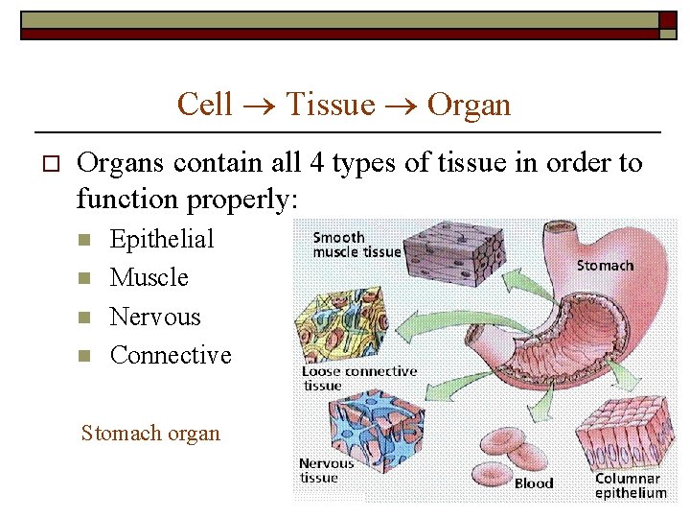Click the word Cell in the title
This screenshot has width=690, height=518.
click(205, 104)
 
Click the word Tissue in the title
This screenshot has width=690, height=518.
click(331, 104)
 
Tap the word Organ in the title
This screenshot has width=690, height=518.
click(469, 104)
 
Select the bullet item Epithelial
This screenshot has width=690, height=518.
click(162, 239)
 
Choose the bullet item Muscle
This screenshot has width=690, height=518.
click(149, 277)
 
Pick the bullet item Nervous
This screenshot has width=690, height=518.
click(155, 317)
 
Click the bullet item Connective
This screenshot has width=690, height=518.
click(171, 355)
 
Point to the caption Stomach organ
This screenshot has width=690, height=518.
click(150, 433)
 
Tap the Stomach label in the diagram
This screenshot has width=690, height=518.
click(604, 265)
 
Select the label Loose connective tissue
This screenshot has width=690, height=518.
click(358, 378)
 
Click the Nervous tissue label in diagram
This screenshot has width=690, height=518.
click(326, 470)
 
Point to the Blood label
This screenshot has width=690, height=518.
click(534, 483)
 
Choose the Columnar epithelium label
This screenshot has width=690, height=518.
click(630, 485)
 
